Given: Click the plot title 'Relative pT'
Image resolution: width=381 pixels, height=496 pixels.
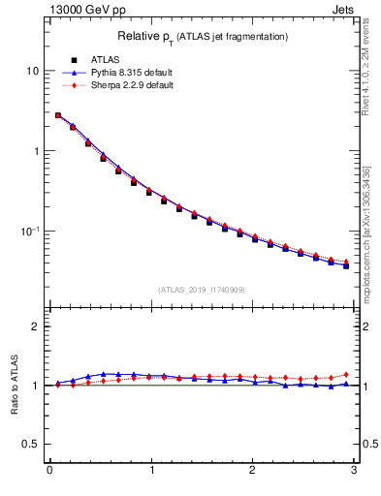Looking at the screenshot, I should (145, 36).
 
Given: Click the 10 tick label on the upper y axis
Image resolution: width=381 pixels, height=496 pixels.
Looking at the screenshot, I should (32, 72).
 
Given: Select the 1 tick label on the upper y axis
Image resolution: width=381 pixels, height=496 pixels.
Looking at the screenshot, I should (35, 152).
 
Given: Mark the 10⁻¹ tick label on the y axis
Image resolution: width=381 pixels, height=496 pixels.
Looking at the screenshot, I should (29, 232).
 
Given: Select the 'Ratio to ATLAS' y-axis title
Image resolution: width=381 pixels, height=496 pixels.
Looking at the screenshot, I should (13, 386).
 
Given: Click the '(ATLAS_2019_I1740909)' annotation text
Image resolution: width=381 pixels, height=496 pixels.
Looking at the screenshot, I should (202, 290).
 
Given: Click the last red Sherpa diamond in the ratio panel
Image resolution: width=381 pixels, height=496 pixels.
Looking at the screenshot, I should (346, 374).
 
